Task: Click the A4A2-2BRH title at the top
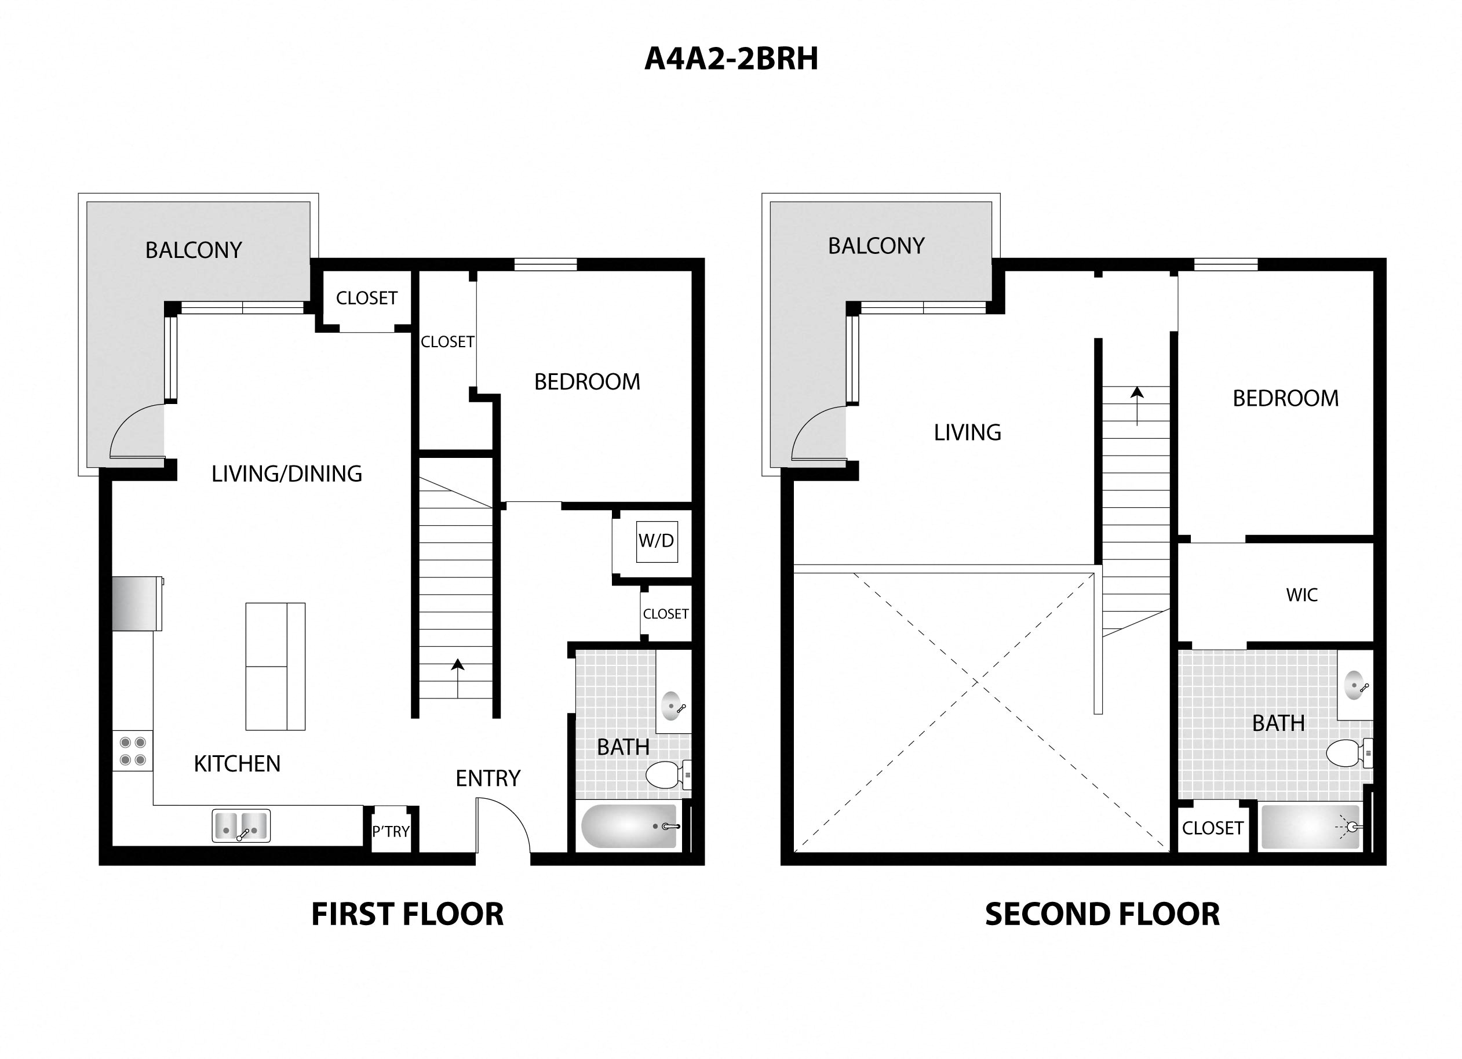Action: tap(731, 59)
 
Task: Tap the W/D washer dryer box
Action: tap(656, 541)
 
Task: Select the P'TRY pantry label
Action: tap(391, 831)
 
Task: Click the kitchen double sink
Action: tap(241, 826)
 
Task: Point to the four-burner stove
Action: tap(133, 751)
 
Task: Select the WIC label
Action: tap(1301, 595)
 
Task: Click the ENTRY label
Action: tap(488, 778)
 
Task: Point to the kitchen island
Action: tap(275, 666)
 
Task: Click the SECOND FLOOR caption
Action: tap(1102, 915)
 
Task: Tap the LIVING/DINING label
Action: tap(287, 474)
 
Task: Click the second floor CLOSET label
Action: tap(1212, 828)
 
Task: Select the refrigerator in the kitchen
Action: tap(136, 603)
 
